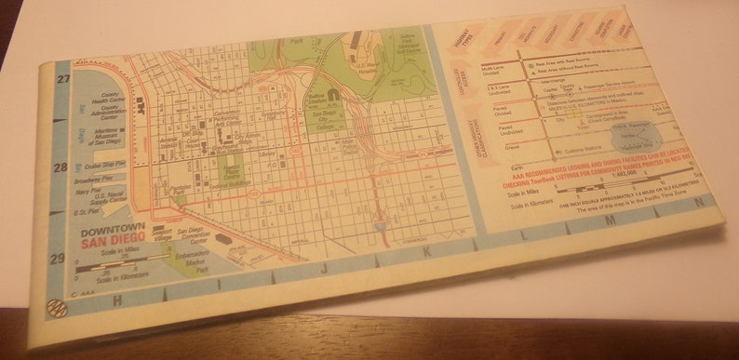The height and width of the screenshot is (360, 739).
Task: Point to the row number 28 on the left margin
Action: [59, 168]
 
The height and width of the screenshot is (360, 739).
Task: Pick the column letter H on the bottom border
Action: [117, 300]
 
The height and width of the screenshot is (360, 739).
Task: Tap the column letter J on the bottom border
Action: [325, 269]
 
